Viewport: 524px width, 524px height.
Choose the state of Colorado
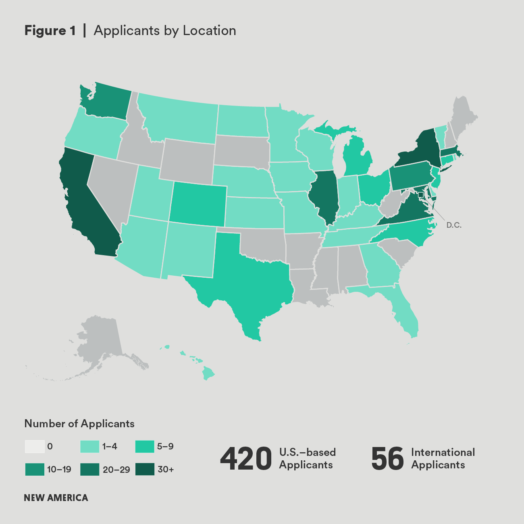[x=198, y=204]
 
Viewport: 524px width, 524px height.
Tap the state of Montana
[x=177, y=119]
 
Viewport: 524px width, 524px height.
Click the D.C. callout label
[x=454, y=225]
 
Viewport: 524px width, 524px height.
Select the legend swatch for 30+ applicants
[x=145, y=470]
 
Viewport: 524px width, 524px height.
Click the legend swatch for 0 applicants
[x=35, y=447]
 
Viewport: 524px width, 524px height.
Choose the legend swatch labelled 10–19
[x=35, y=470]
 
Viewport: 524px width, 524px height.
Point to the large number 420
[x=246, y=459]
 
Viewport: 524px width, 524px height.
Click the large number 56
[x=387, y=459]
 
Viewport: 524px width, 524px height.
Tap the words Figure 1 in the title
[x=50, y=31]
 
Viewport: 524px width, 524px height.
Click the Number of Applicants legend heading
[x=79, y=424]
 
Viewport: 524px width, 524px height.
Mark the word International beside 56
[x=443, y=452]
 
